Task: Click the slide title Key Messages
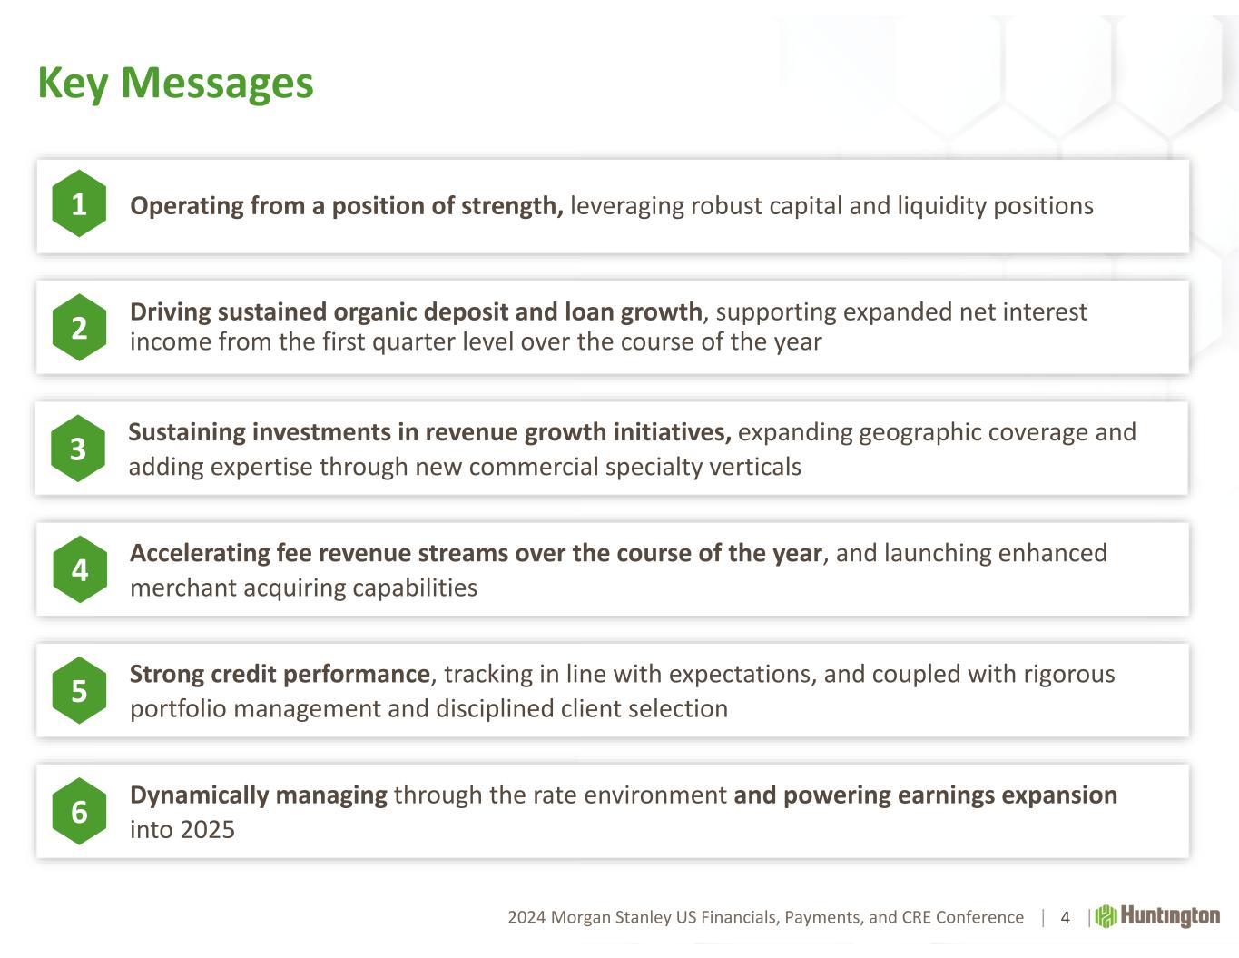175,84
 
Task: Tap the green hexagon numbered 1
79,203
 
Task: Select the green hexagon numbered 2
79,327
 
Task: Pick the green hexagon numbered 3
78,449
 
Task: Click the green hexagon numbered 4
80,569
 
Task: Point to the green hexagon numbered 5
79,690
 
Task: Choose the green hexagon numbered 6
79,811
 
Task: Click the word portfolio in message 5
179,709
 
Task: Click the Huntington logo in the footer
1157,916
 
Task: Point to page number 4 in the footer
1065,917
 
